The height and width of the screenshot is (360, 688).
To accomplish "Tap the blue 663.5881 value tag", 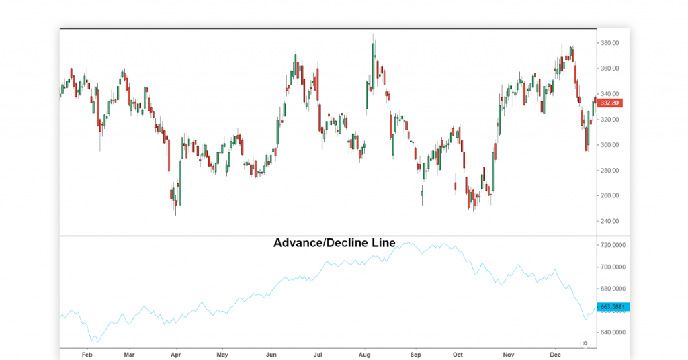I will [x=612, y=307].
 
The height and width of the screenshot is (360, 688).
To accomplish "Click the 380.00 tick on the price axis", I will [x=610, y=43].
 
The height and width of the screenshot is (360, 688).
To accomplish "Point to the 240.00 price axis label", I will [x=610, y=222].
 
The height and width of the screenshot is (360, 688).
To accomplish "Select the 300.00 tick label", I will [x=610, y=145].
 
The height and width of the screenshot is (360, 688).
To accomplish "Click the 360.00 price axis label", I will [x=610, y=69].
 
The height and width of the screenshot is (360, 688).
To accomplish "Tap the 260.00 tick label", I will [x=610, y=196].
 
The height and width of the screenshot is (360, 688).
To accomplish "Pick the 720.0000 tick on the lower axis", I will [x=613, y=246].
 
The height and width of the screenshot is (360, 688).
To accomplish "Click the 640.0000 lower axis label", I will [x=613, y=332].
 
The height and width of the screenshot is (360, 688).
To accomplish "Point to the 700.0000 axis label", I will [x=613, y=267].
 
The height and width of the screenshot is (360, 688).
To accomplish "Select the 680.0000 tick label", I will [x=613, y=289].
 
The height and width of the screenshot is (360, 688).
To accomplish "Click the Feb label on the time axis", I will [x=86, y=354].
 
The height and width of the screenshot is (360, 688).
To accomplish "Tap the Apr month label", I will [x=176, y=354].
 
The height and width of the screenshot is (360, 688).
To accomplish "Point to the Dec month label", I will [x=555, y=354].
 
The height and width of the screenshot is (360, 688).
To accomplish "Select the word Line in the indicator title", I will [x=384, y=243].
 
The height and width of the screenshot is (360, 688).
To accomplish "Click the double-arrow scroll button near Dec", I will [x=585, y=343].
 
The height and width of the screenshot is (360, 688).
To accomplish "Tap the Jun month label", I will [x=271, y=354].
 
